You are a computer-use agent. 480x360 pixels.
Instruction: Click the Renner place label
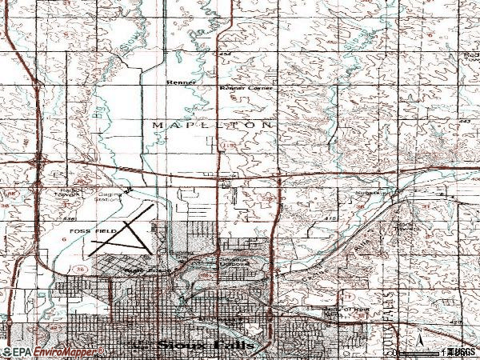pos(180,82)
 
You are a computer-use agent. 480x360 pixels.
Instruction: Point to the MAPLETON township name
pos(211,126)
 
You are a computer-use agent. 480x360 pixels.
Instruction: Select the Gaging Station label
pos(110,197)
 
